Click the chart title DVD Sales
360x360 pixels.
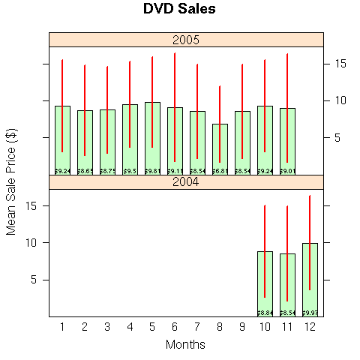pyautogui.click(x=179, y=10)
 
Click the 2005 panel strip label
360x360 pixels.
pyautogui.click(x=186, y=39)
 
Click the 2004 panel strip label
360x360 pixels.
pyautogui.click(x=186, y=181)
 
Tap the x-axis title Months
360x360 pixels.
pyautogui.click(x=185, y=344)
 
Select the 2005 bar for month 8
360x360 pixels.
pyautogui.click(x=220, y=146)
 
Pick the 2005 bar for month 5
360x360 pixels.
pyautogui.click(x=152, y=135)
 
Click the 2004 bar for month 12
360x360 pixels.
pyautogui.click(x=310, y=277)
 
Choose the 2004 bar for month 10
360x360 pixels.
pyautogui.click(x=265, y=282)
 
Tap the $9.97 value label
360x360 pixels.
pyautogui.click(x=310, y=313)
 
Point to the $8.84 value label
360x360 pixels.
pyautogui.click(x=265, y=313)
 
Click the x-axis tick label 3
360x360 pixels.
pyautogui.click(x=107, y=326)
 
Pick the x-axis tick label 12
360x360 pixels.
pyautogui.click(x=310, y=326)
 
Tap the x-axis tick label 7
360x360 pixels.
pyautogui.click(x=197, y=326)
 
